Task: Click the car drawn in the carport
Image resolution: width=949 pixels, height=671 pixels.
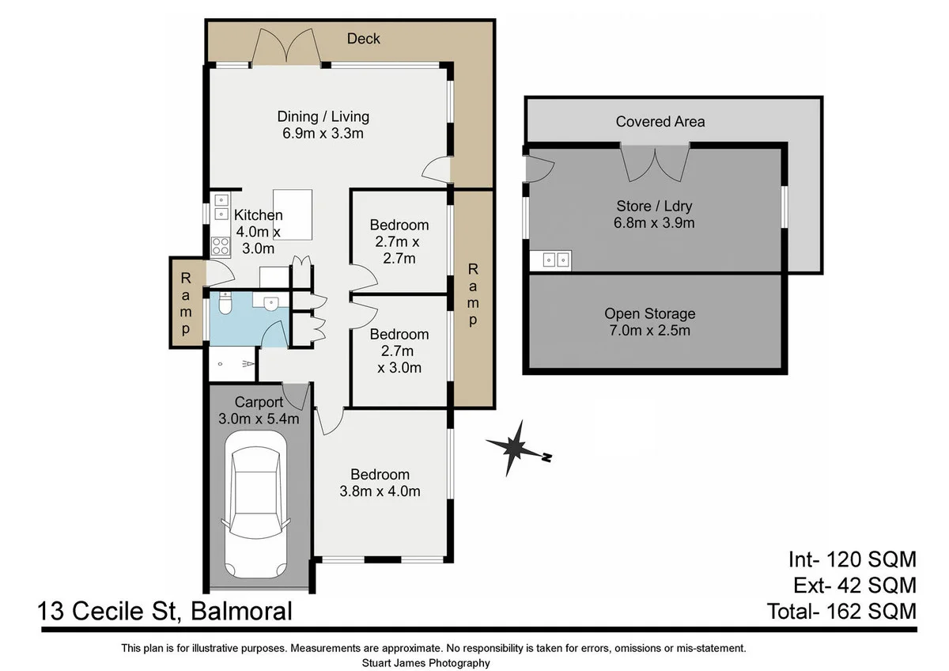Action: (256, 505)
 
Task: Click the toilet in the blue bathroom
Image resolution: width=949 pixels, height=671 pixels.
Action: (225, 302)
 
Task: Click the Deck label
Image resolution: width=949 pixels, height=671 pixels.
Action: (364, 39)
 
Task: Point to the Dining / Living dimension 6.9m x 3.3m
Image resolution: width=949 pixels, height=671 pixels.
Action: (323, 134)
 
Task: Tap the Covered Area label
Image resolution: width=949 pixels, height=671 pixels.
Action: (660, 122)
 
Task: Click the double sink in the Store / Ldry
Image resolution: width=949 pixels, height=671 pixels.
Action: (555, 260)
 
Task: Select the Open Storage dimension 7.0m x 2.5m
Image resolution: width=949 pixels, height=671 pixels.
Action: (650, 330)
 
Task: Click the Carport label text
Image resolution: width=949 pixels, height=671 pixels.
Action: (259, 402)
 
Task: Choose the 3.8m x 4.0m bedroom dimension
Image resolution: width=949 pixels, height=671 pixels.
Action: (380, 491)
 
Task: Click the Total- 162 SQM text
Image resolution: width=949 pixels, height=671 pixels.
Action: (841, 611)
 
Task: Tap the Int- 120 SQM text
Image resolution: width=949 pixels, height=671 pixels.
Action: (853, 559)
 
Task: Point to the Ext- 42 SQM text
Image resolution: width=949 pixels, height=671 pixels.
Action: (855, 586)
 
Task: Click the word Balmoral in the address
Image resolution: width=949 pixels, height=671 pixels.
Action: (241, 611)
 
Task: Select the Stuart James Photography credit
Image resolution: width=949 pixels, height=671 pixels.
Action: (425, 663)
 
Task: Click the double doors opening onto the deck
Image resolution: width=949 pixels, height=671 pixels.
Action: (285, 47)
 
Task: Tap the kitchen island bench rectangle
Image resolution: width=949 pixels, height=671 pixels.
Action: (293, 214)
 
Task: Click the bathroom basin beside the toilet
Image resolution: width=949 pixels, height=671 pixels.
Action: (270, 302)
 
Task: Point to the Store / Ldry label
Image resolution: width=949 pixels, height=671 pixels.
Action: (654, 206)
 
